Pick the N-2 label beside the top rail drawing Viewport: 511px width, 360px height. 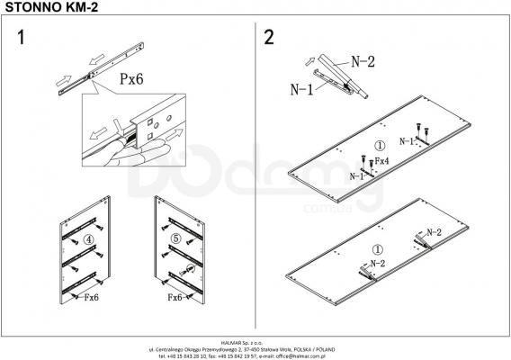coord(363,62)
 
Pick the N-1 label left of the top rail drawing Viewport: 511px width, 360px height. coord(302,89)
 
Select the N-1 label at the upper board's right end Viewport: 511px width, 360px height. coord(407,142)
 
